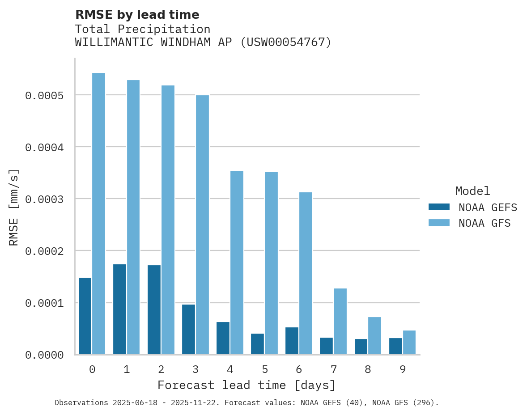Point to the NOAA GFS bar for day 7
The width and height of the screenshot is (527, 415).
pyautogui.click(x=340, y=322)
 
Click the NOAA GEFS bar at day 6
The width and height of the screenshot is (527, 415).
pyautogui.click(x=292, y=341)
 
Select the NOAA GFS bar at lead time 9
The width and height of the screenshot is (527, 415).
pyautogui.click(x=409, y=343)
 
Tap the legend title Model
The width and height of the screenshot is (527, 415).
pyautogui.click(x=472, y=191)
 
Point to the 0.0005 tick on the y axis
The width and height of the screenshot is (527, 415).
pyautogui.click(x=44, y=96)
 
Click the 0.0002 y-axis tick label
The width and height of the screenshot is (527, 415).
pyautogui.click(x=44, y=251)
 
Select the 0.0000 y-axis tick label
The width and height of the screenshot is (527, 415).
pyautogui.click(x=44, y=356)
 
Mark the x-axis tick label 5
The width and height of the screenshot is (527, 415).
pyautogui.click(x=265, y=370)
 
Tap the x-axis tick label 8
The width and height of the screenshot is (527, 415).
pyautogui.click(x=368, y=370)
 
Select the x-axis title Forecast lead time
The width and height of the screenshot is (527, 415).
pyautogui.click(x=246, y=385)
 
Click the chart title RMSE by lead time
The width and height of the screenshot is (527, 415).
pyautogui.click(x=137, y=15)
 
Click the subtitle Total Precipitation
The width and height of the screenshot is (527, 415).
pyautogui.click(x=142, y=30)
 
